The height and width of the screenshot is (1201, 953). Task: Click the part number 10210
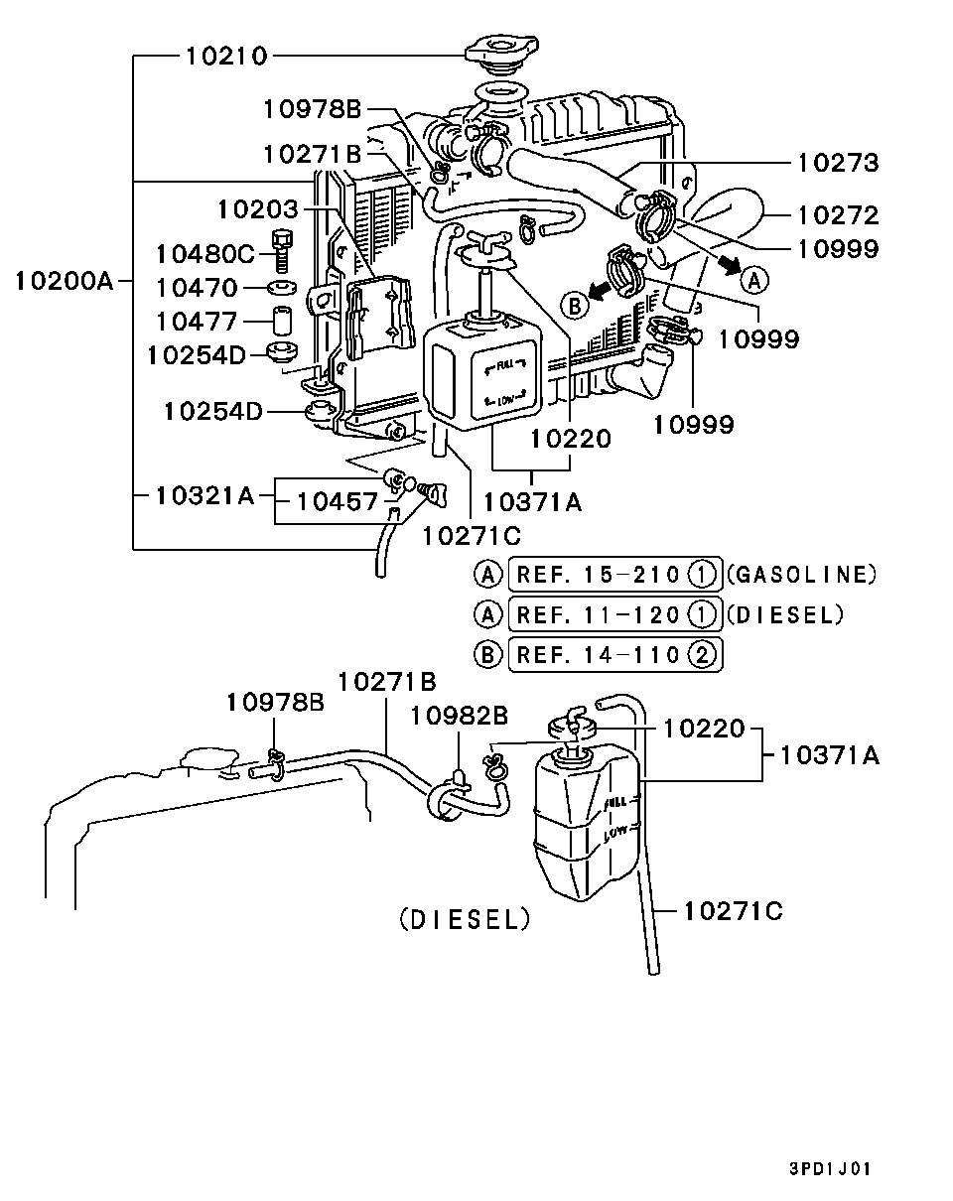pos(225,57)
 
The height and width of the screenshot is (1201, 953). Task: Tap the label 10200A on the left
pos(65,281)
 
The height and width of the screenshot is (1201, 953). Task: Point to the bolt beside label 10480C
pos(282,250)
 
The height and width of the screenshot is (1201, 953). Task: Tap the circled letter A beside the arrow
pos(755,280)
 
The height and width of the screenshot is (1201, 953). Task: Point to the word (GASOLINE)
pos(801,574)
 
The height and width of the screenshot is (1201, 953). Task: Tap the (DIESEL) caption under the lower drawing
pos(465,920)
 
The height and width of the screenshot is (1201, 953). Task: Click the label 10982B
pos(460,715)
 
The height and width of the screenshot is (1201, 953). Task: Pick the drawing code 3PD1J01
pos(830,1169)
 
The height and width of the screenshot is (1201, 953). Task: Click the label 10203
pos(257,208)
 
